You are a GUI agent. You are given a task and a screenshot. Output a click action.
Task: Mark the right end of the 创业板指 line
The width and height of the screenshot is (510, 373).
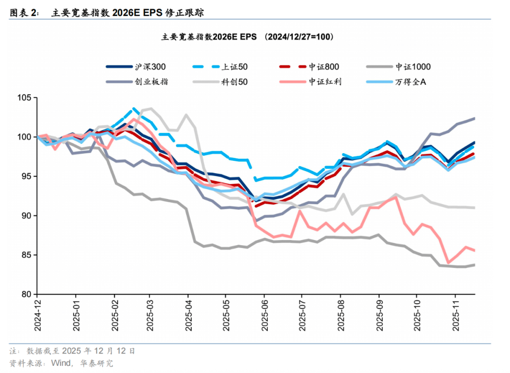pos(474,118)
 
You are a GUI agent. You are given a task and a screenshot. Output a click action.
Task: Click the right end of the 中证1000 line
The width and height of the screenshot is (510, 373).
pos(474,265)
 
